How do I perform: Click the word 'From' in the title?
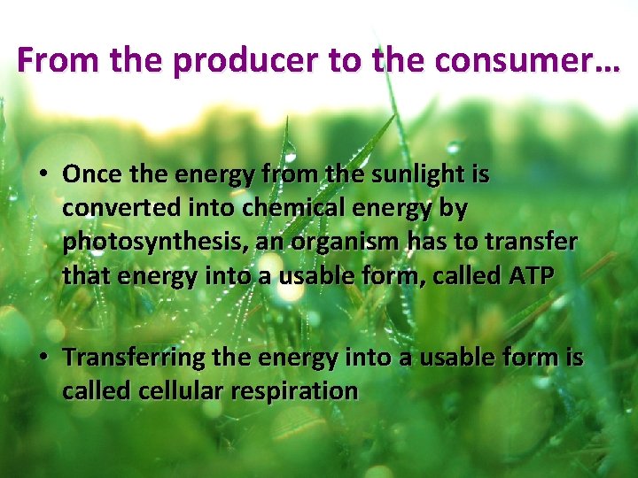[51, 60]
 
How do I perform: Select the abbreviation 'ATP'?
[533, 276]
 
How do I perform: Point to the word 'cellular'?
[178, 390]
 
